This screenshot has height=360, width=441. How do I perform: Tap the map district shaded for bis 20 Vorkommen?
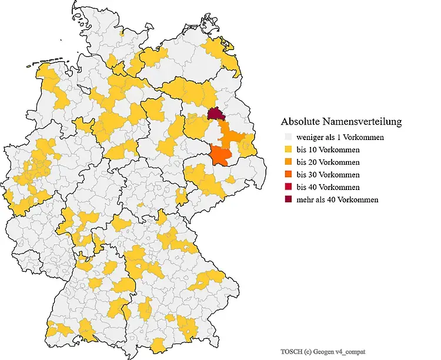[234, 139]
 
